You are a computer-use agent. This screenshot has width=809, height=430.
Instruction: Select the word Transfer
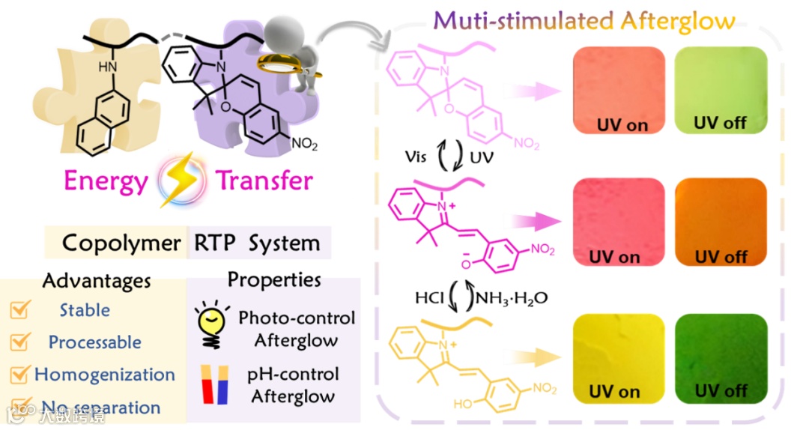[x=264, y=181]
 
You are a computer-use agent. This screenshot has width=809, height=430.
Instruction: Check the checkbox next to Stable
[x=20, y=311]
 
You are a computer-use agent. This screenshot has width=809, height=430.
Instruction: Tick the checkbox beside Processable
[x=20, y=342]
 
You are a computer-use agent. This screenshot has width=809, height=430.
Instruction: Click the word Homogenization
[x=105, y=375]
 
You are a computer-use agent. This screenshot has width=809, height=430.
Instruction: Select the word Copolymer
[x=121, y=243]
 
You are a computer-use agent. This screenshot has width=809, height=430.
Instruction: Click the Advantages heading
[x=97, y=281]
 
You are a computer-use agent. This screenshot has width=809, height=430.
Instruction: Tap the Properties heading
[x=274, y=280]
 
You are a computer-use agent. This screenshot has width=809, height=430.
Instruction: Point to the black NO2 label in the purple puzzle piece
[x=303, y=145]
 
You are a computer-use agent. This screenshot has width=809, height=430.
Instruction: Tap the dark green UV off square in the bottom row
[x=721, y=357]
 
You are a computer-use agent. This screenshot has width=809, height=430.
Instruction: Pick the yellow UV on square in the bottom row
[x=618, y=357]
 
